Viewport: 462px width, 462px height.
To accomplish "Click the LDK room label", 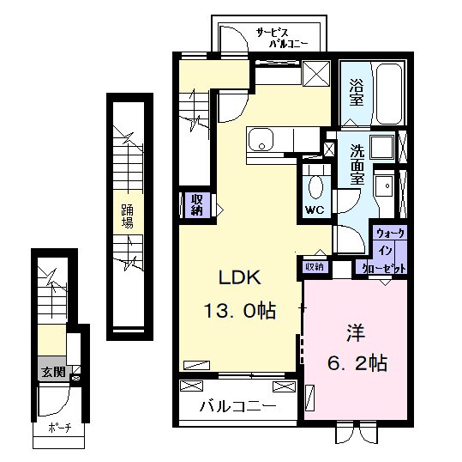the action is click(239, 277).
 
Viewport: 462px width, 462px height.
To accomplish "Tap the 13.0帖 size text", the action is click(239, 311).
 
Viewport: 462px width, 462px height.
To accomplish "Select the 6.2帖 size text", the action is click(357, 363).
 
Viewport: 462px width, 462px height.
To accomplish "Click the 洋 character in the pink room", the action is click(356, 332).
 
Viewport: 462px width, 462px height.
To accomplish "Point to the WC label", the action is click(315, 210).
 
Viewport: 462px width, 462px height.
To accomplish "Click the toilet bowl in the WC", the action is click(315, 187).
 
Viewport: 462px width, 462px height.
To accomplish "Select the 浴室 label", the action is click(357, 93).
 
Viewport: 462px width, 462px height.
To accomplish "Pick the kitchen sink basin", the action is click(261, 139).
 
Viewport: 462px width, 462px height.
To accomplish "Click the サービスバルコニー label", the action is click(282, 38).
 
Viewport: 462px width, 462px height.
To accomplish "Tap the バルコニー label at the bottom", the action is click(238, 406).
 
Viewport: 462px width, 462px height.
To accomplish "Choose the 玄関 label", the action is click(53, 372).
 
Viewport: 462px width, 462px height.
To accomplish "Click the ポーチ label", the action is click(59, 428).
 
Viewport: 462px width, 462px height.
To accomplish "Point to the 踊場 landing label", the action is click(128, 216).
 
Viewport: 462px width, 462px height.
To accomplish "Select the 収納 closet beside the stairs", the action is click(197, 205).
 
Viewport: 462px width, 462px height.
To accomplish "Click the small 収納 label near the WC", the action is click(315, 267).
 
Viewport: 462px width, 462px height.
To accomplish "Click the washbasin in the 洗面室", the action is click(385, 186).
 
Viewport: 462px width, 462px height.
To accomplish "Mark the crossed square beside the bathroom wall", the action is click(316, 74).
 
